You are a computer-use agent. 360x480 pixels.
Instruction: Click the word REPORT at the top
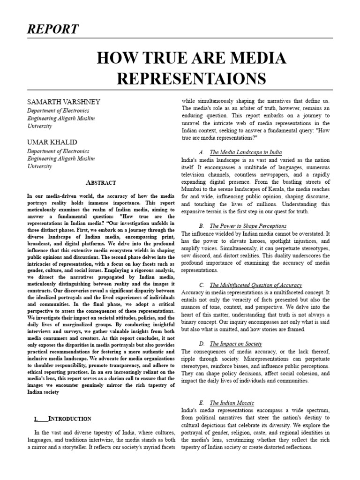pyautogui.click(x=53, y=29)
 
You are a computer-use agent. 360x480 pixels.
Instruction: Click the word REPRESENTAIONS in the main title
pyautogui.click(x=191, y=77)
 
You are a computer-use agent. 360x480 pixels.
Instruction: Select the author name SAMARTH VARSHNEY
pyautogui.click(x=63, y=102)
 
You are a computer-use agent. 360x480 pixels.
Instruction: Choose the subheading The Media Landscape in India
pyautogui.click(x=246, y=152)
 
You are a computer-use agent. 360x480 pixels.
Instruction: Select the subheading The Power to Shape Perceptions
pyautogui.click(x=248, y=226)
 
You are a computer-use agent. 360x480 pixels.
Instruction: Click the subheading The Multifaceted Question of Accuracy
pyautogui.click(x=255, y=285)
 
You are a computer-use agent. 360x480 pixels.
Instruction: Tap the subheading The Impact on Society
pyautogui.click(x=236, y=344)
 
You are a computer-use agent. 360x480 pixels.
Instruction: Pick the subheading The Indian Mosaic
pyautogui.click(x=232, y=403)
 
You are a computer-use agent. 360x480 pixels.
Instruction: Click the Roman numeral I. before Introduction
pyautogui.click(x=37, y=419)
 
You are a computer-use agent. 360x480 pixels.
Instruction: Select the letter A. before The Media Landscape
pyautogui.click(x=201, y=152)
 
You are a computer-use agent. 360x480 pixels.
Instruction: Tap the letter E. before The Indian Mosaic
pyautogui.click(x=201, y=403)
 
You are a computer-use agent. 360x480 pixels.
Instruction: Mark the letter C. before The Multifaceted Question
pyautogui.click(x=201, y=285)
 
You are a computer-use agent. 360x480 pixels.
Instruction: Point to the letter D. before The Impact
pyautogui.click(x=201, y=344)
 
